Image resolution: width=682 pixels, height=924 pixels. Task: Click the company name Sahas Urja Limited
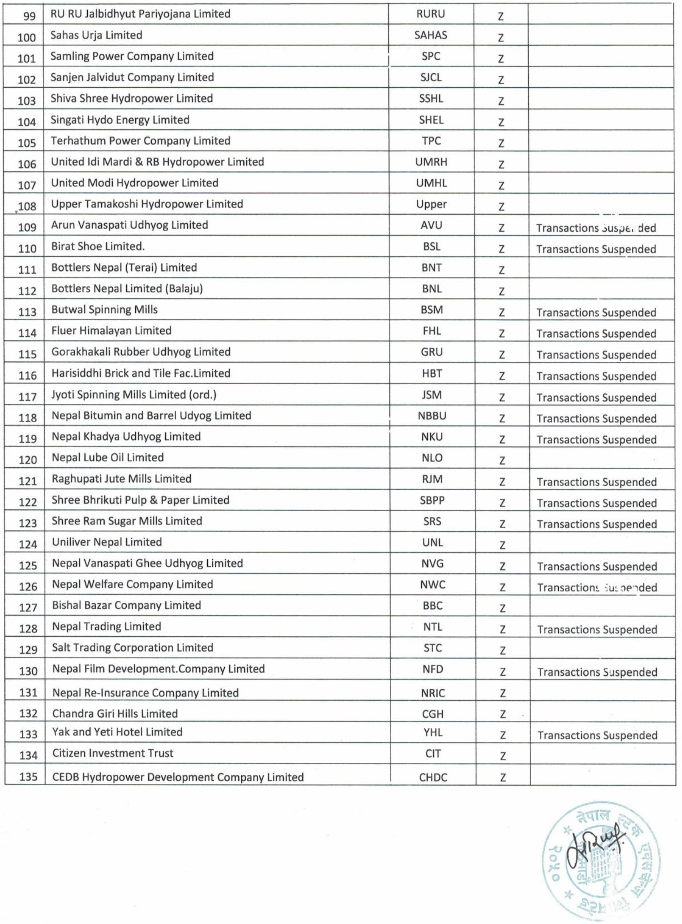[x=96, y=35]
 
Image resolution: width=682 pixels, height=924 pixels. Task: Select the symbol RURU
[x=430, y=14]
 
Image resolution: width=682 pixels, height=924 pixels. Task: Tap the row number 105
[x=27, y=143]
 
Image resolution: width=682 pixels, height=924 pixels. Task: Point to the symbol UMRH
[x=431, y=162]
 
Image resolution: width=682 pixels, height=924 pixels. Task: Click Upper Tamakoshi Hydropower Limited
[x=147, y=204]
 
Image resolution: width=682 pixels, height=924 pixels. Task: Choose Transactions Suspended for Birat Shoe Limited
[x=596, y=249]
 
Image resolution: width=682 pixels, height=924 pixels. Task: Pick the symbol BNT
[x=431, y=268]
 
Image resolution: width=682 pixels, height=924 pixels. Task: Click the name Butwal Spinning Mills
[x=105, y=310]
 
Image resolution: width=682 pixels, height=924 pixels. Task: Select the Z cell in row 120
[x=502, y=460]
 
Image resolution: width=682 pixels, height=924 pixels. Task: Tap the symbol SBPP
[x=432, y=500]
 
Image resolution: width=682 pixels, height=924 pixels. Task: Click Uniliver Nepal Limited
[x=107, y=542]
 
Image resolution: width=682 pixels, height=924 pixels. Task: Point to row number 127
[x=28, y=608]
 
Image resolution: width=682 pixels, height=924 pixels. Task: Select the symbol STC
[x=432, y=648]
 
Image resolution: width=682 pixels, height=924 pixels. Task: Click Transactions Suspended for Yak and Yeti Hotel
[x=597, y=736]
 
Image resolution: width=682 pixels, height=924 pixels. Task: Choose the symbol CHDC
[x=433, y=778]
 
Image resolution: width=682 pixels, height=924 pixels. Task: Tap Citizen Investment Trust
[x=113, y=753]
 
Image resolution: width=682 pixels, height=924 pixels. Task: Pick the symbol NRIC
[x=432, y=693]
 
